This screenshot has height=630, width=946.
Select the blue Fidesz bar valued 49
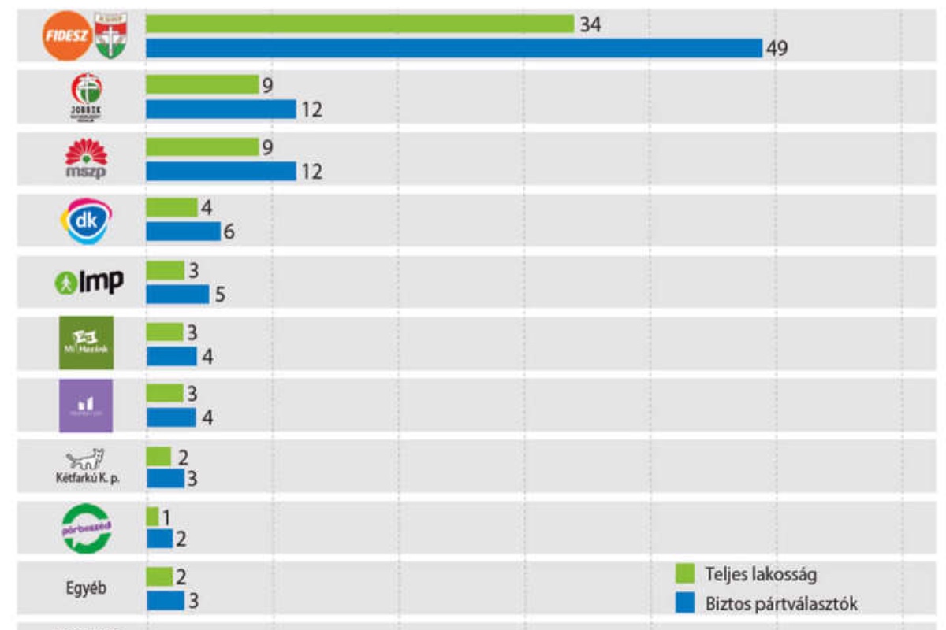(454, 48)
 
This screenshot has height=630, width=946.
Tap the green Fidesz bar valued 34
(359, 24)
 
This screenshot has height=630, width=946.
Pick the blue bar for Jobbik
(221, 109)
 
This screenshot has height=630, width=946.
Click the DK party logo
(86, 221)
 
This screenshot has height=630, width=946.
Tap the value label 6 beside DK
(229, 232)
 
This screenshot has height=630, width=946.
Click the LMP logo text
(90, 282)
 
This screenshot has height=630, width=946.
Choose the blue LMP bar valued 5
(177, 294)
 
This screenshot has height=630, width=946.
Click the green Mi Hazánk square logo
(87, 343)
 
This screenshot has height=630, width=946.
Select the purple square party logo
(86, 406)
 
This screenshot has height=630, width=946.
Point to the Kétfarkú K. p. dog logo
(86, 458)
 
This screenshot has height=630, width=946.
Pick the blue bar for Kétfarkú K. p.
(165, 479)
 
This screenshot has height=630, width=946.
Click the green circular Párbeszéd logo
(87, 527)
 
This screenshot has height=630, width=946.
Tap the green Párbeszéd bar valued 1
(152, 517)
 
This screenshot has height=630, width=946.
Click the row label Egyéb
(86, 588)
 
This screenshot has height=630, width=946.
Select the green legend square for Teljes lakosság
(684, 573)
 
